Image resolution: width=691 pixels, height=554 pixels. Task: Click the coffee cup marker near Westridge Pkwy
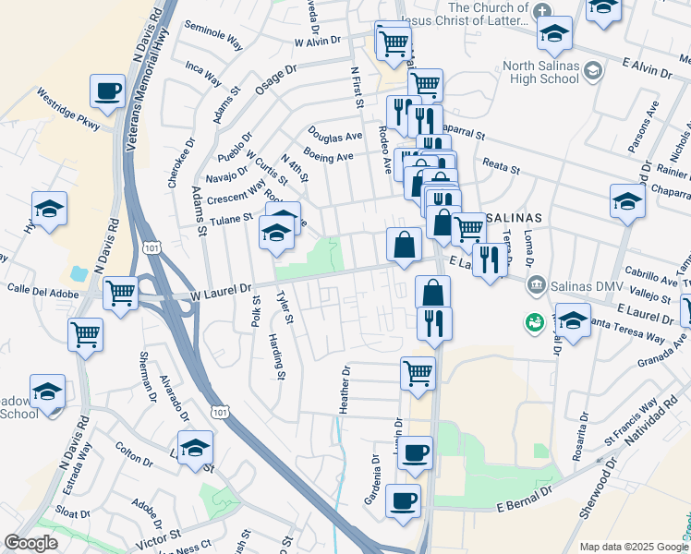[x=108, y=91]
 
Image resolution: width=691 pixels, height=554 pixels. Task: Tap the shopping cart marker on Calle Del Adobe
[x=121, y=294]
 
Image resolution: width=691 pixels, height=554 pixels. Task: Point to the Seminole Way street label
[x=213, y=34]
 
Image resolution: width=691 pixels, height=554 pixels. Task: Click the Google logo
[x=31, y=543]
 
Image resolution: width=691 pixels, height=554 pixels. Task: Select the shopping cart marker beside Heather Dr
[x=418, y=374]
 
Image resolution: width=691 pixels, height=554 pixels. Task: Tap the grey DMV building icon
[x=536, y=283]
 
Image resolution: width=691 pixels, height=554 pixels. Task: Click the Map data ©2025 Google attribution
[x=633, y=547]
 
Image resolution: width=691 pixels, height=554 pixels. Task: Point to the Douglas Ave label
[x=334, y=135]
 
